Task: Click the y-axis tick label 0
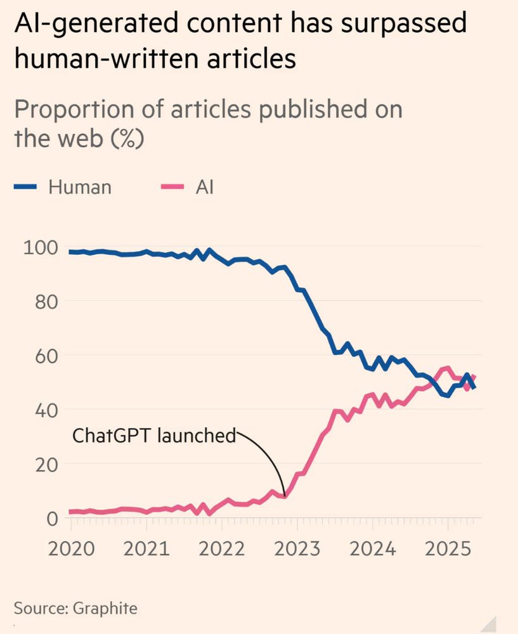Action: click(x=52, y=518)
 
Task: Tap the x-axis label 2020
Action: click(x=71, y=548)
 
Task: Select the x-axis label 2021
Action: click(x=146, y=548)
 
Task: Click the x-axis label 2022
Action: click(x=221, y=548)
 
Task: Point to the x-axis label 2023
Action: click(x=297, y=548)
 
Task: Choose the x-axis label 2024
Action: click(x=372, y=548)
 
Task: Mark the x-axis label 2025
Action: click(x=448, y=548)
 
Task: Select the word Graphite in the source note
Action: click(x=105, y=609)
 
